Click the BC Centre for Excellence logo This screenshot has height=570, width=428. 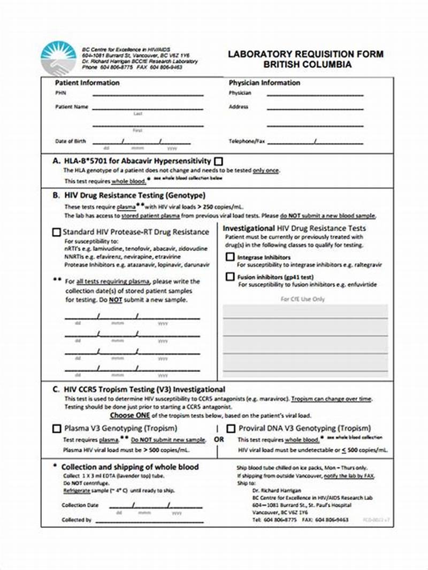click(58, 58)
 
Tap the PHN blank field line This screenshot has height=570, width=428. click(148, 95)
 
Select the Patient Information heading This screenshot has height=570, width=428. click(87, 83)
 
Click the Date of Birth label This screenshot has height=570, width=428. click(70, 141)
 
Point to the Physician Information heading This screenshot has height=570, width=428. click(264, 83)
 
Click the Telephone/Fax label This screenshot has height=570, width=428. click(247, 141)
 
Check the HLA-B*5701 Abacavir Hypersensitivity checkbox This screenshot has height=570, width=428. click(219, 161)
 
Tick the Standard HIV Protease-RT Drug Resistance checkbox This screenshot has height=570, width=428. click(56, 232)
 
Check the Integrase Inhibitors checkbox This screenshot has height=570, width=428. click(230, 257)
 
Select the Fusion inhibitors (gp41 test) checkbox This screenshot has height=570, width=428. click(230, 277)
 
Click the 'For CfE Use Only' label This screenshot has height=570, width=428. click(302, 299)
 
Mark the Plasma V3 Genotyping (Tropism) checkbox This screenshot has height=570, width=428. click(57, 428)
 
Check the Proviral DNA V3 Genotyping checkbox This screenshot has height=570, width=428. click(231, 428)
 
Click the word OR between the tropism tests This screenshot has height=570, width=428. click(218, 440)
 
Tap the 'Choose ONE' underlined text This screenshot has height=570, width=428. click(130, 415)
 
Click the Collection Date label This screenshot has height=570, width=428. click(80, 505)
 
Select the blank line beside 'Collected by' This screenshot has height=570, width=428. click(149, 520)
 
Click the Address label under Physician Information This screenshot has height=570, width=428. click(239, 106)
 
